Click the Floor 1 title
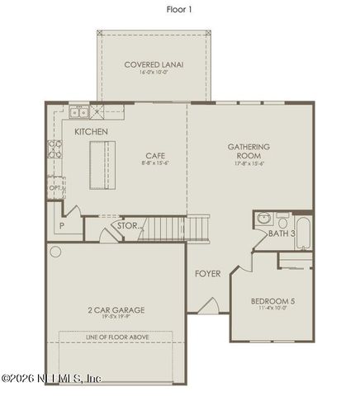179,9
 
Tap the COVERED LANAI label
154,64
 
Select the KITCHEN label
91,132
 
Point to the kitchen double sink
78,113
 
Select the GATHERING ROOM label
249,152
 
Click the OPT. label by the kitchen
55,188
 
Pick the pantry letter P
62,224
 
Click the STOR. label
127,225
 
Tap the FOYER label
207,273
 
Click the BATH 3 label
281,234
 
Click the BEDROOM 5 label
272,301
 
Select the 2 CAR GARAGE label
116,310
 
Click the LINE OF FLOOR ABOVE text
115,337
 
